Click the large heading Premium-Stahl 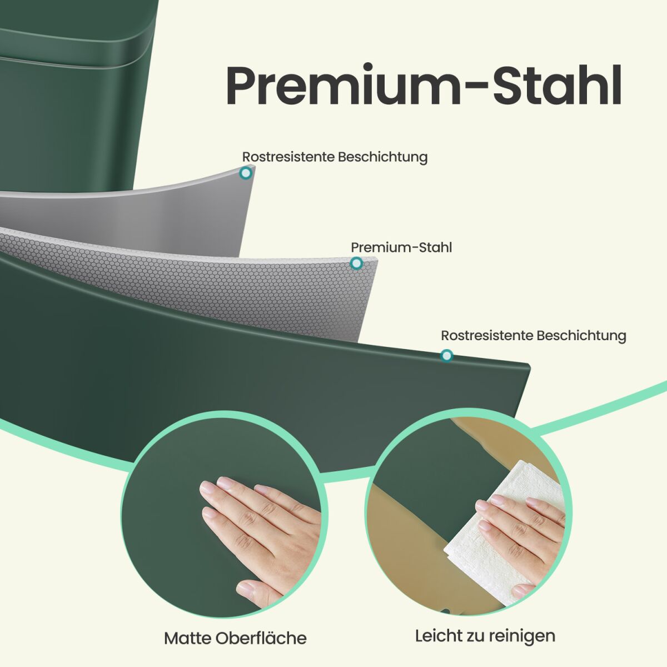pyautogui.click(x=424, y=84)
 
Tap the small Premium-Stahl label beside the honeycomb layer pyautogui.click(x=401, y=247)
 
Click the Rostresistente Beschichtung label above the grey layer pyautogui.click(x=335, y=157)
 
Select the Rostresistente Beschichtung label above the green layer pyautogui.click(x=534, y=336)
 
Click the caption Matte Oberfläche pyautogui.click(x=235, y=639)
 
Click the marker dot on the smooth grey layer pyautogui.click(x=246, y=173)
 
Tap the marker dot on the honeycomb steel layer pyautogui.click(x=356, y=263)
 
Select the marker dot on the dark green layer pyautogui.click(x=446, y=356)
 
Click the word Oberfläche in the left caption pyautogui.click(x=261, y=639)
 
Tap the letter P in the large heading pyautogui.click(x=241, y=86)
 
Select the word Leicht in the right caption pyautogui.click(x=439, y=635)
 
